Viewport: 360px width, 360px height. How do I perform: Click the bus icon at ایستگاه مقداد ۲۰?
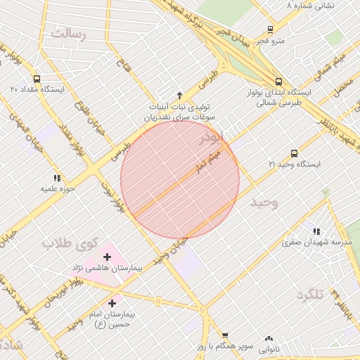(x=37, y=79)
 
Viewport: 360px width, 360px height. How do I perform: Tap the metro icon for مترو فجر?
(x=271, y=30)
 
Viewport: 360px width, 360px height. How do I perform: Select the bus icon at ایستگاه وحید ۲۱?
(x=294, y=153)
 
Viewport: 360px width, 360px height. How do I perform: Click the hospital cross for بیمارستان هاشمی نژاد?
(x=107, y=257)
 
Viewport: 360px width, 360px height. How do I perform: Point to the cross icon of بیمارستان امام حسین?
(x=112, y=302)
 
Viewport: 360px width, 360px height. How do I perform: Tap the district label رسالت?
(x=68, y=33)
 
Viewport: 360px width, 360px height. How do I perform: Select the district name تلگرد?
(x=309, y=294)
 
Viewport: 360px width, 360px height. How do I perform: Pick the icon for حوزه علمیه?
(x=56, y=179)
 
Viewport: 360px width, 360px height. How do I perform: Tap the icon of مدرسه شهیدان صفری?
(x=316, y=231)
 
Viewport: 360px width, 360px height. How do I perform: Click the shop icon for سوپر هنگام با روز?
(x=225, y=335)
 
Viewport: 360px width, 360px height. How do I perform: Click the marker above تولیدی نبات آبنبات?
(x=179, y=95)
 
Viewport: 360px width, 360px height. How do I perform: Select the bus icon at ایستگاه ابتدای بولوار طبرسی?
(x=279, y=82)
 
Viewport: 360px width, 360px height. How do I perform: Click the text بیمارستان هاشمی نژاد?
(x=107, y=269)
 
